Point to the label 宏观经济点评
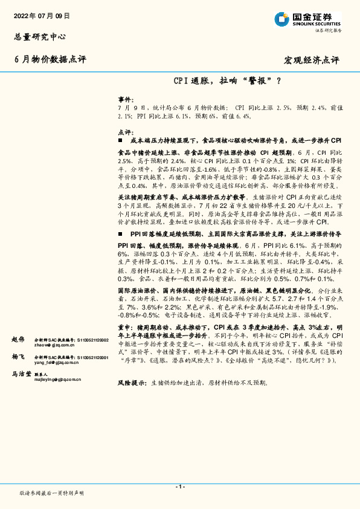pyautogui.click(x=312, y=60)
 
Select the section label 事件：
pyautogui.click(x=124, y=98)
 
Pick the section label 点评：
pyautogui.click(x=124, y=132)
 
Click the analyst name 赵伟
pyautogui.click(x=18, y=340)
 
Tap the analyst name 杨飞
pyautogui.click(x=18, y=358)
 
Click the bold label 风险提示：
pyautogui.click(x=132, y=383)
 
